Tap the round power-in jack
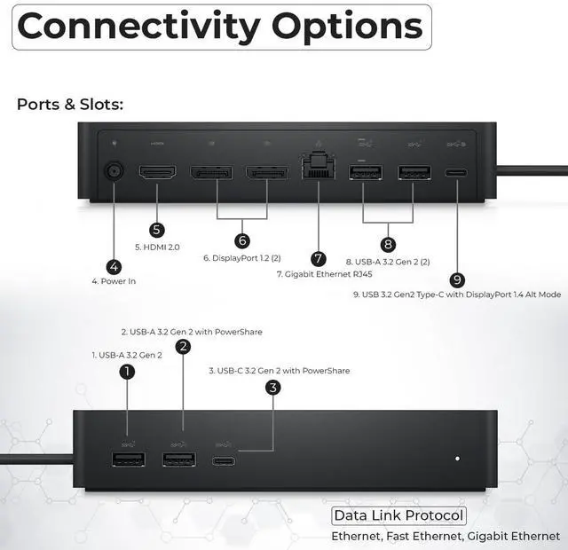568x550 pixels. click(114, 171)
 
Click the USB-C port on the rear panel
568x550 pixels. click(457, 172)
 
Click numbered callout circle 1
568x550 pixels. click(127, 372)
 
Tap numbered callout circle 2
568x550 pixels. click(183, 347)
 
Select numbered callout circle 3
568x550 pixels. click(273, 387)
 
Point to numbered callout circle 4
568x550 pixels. click(114, 266)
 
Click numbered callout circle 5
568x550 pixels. click(157, 230)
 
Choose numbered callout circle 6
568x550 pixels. click(242, 240)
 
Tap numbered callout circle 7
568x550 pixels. click(319, 258)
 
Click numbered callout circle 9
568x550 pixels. click(457, 279)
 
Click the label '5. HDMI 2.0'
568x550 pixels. click(157, 247)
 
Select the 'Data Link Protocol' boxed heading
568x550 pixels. click(398, 516)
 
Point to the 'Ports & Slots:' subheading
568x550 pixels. click(70, 104)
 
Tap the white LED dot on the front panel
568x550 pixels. click(457, 459)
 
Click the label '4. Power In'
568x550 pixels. click(114, 281)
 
